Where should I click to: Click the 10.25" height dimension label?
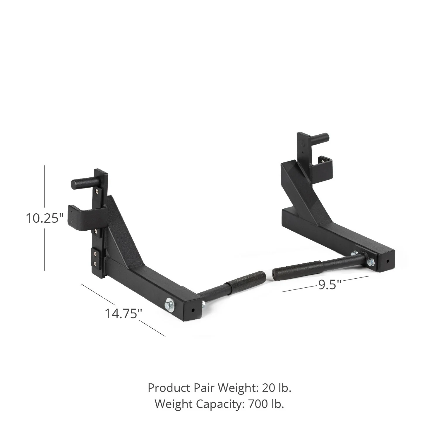[44, 218]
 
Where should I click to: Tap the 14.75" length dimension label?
[123, 313]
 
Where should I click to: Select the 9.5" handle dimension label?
[330, 284]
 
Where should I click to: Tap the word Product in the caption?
[169, 388]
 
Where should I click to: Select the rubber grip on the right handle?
[297, 270]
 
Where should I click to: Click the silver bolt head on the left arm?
[169, 304]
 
